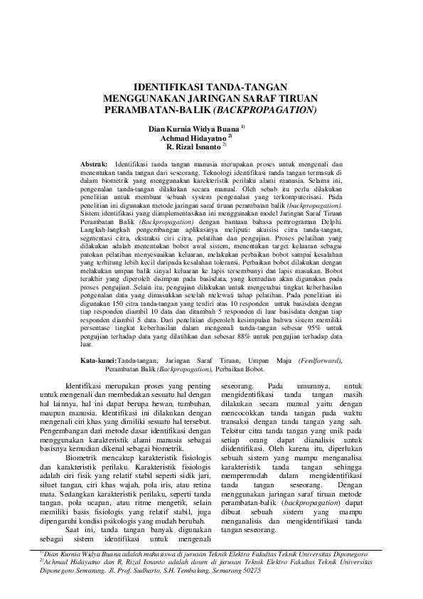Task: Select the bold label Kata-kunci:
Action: click(98, 361)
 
